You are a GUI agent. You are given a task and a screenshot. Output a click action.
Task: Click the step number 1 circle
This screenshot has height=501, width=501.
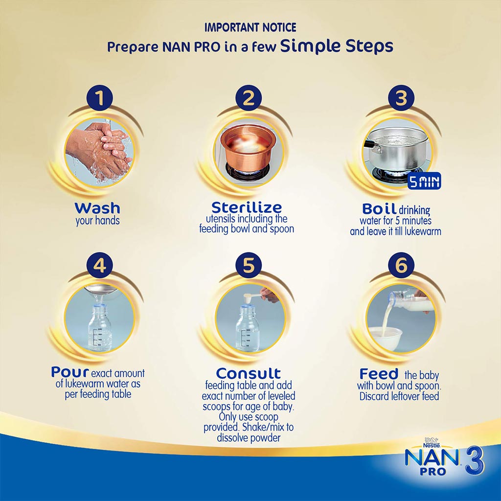(x=100, y=98)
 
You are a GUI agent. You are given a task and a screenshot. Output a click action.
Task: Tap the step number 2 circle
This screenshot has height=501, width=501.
(x=249, y=98)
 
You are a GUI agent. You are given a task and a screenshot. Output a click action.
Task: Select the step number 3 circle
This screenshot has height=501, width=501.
(x=401, y=98)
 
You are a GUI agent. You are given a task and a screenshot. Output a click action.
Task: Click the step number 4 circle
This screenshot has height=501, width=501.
(x=100, y=266)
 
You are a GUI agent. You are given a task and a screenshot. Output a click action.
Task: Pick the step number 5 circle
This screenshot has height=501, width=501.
(x=249, y=266)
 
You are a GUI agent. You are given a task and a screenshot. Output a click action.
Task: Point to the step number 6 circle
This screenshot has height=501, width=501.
(x=401, y=266)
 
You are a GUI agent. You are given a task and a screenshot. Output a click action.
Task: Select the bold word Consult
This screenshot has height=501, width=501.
(x=249, y=373)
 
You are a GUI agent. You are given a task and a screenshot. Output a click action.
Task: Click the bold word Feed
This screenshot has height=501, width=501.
(x=379, y=374)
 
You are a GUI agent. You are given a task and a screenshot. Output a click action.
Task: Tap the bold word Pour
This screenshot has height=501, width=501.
(x=69, y=372)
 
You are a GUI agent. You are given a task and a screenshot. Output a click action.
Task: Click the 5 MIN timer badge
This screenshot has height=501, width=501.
(x=424, y=182)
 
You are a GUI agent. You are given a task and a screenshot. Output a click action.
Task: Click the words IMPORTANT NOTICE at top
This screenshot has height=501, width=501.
(x=250, y=27)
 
